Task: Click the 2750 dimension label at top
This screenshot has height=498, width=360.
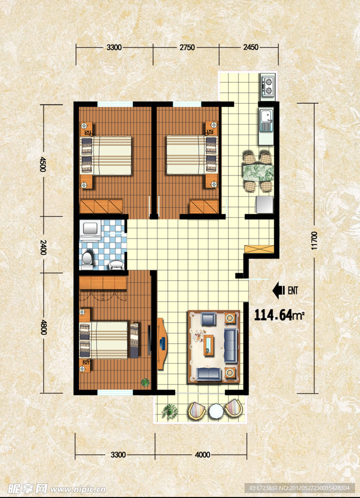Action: click(x=187, y=47)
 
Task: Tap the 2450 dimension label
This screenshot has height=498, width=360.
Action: click(x=250, y=47)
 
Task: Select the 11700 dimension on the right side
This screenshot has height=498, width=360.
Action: click(x=314, y=240)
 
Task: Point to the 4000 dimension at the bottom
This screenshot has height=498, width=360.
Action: click(x=202, y=455)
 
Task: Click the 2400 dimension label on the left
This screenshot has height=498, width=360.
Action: click(x=43, y=247)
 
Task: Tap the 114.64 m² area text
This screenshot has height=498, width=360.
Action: click(x=279, y=315)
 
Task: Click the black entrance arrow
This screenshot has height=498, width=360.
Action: click(x=279, y=290)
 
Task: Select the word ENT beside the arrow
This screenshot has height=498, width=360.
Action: click(x=292, y=290)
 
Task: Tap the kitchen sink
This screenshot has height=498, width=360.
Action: click(x=266, y=120)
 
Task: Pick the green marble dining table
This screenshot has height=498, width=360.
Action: click(x=258, y=172)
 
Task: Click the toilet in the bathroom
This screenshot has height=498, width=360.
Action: click(x=86, y=258)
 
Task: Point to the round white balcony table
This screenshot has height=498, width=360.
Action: click(x=216, y=411)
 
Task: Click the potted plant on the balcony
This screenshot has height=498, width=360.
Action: click(x=169, y=411)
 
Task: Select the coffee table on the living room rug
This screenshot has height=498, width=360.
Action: click(x=209, y=345)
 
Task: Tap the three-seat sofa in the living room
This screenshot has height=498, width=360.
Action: click(x=231, y=346)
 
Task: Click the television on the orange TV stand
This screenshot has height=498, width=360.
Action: click(x=161, y=344)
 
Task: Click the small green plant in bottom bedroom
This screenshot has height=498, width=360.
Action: click(x=145, y=382)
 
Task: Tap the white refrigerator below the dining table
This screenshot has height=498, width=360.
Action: click(x=264, y=204)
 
